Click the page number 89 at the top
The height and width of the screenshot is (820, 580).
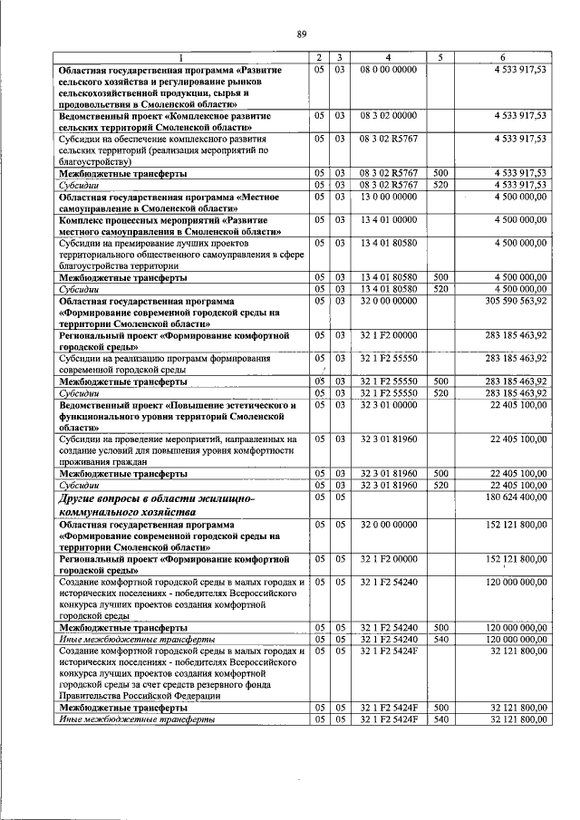tap(302, 35)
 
